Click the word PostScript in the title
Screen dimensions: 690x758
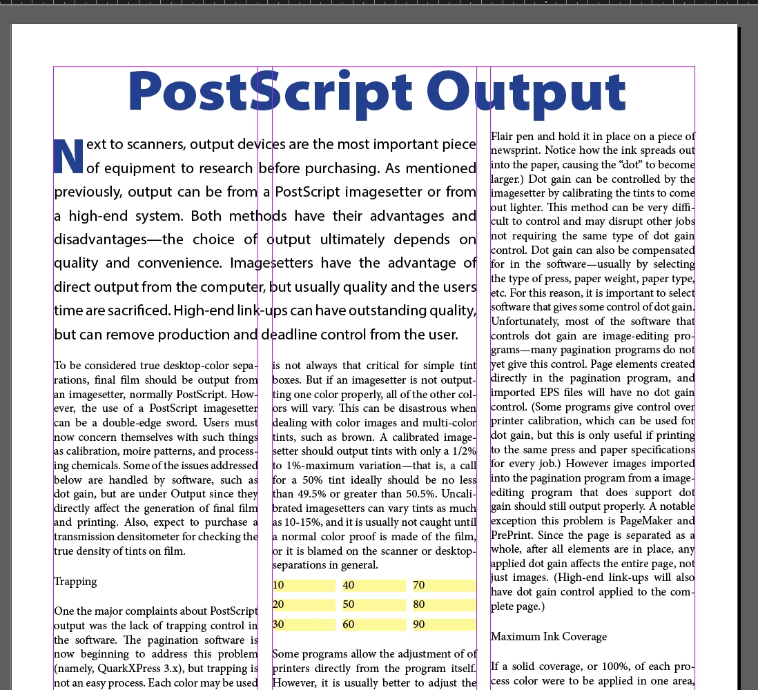coord(269,92)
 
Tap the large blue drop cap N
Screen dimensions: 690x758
coord(68,157)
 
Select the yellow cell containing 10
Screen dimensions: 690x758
coord(304,585)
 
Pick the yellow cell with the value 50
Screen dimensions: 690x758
coord(373,605)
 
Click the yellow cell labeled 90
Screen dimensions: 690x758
coord(444,624)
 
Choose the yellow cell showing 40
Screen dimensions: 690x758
coord(373,585)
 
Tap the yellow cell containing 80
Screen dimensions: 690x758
coord(444,605)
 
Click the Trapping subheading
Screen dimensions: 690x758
coord(75,582)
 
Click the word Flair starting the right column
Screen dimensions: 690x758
coord(502,136)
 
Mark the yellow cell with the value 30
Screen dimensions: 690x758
coord(304,624)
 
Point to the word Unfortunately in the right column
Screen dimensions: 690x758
coord(523,322)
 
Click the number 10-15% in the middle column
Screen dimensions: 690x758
coord(300,522)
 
